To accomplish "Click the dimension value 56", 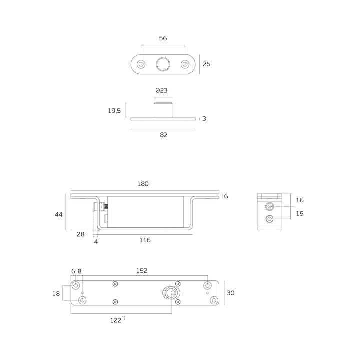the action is click(163, 38).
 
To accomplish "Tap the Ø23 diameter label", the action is click(161, 90).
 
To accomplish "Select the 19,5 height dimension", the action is click(114, 111).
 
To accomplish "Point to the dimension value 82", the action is click(164, 135).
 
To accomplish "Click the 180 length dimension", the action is click(143, 184).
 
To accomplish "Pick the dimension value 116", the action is click(145, 240).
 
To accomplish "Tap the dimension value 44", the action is click(59, 215).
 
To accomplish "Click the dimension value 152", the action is click(142, 271).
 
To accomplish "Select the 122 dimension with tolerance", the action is click(118, 320).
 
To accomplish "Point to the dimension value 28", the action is click(81, 234).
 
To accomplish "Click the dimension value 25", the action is click(206, 64).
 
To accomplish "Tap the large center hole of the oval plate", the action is click(163, 64).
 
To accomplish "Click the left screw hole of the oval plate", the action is click(141, 64).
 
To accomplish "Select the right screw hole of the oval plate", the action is click(185, 64).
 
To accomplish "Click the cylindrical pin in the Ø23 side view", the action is click(163, 110).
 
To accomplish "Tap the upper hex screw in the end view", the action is click(269, 207).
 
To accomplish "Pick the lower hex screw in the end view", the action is click(269, 219).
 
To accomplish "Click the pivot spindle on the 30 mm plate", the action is click(171, 293).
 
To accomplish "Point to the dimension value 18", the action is click(56, 294).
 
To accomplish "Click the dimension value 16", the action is click(300, 200).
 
